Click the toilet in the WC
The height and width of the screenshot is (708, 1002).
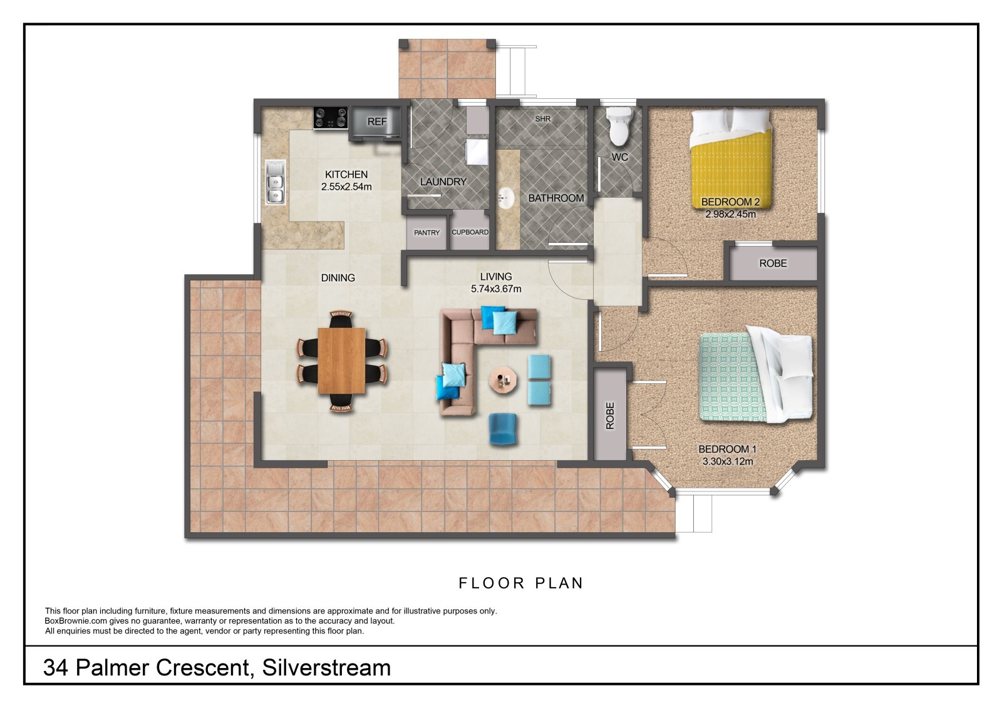[619, 126]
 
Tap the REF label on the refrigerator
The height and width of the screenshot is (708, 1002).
[376, 121]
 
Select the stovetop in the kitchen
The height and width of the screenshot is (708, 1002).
[331, 118]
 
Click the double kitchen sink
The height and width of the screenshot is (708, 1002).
[276, 183]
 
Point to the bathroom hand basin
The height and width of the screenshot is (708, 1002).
[507, 198]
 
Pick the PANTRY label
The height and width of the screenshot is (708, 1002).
[426, 233]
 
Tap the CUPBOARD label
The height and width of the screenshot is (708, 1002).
[470, 232]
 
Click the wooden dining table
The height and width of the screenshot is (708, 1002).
[342, 361]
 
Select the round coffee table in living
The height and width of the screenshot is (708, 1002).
[504, 380]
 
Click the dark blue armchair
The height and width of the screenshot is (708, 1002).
[503, 429]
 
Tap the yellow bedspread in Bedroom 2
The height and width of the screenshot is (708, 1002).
[731, 169]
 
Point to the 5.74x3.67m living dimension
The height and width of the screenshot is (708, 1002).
[496, 289]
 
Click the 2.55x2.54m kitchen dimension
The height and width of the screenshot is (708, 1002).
[346, 187]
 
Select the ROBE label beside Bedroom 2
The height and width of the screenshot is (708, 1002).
[773, 264]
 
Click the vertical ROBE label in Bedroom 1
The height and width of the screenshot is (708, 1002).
[610, 416]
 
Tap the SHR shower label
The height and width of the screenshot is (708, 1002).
[542, 119]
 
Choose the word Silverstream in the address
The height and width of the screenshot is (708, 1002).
[326, 668]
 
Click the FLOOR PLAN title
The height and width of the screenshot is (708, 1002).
[521, 583]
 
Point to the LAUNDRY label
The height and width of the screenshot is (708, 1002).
[443, 182]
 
